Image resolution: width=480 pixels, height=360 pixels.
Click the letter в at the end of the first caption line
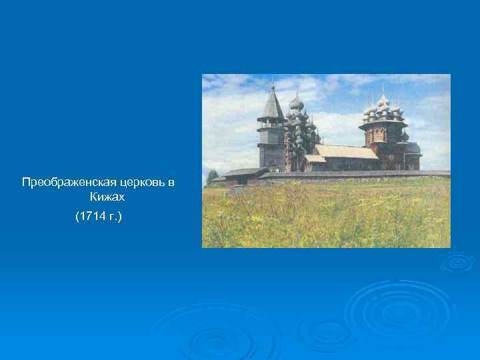171,183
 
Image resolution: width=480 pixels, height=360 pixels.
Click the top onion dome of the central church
297,102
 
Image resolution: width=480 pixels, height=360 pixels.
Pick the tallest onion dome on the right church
383,101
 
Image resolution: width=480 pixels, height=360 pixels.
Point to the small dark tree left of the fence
212,176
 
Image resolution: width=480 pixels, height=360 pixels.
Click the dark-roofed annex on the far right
412,150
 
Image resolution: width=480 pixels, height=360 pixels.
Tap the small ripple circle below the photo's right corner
457,262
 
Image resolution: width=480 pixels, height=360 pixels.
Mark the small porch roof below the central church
315,159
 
